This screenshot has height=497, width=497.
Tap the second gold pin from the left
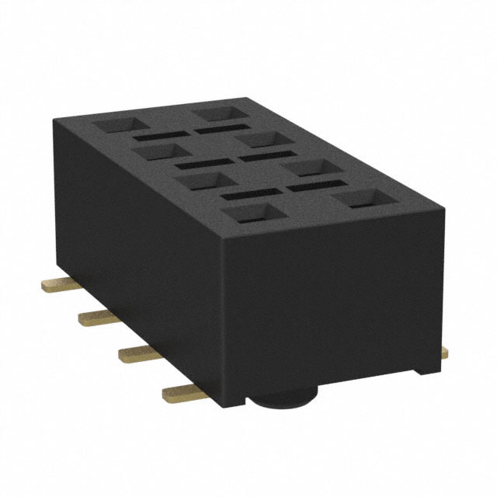(92, 315)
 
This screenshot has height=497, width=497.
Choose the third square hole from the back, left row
(197, 182)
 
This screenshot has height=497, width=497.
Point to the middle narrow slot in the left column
(197, 164)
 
